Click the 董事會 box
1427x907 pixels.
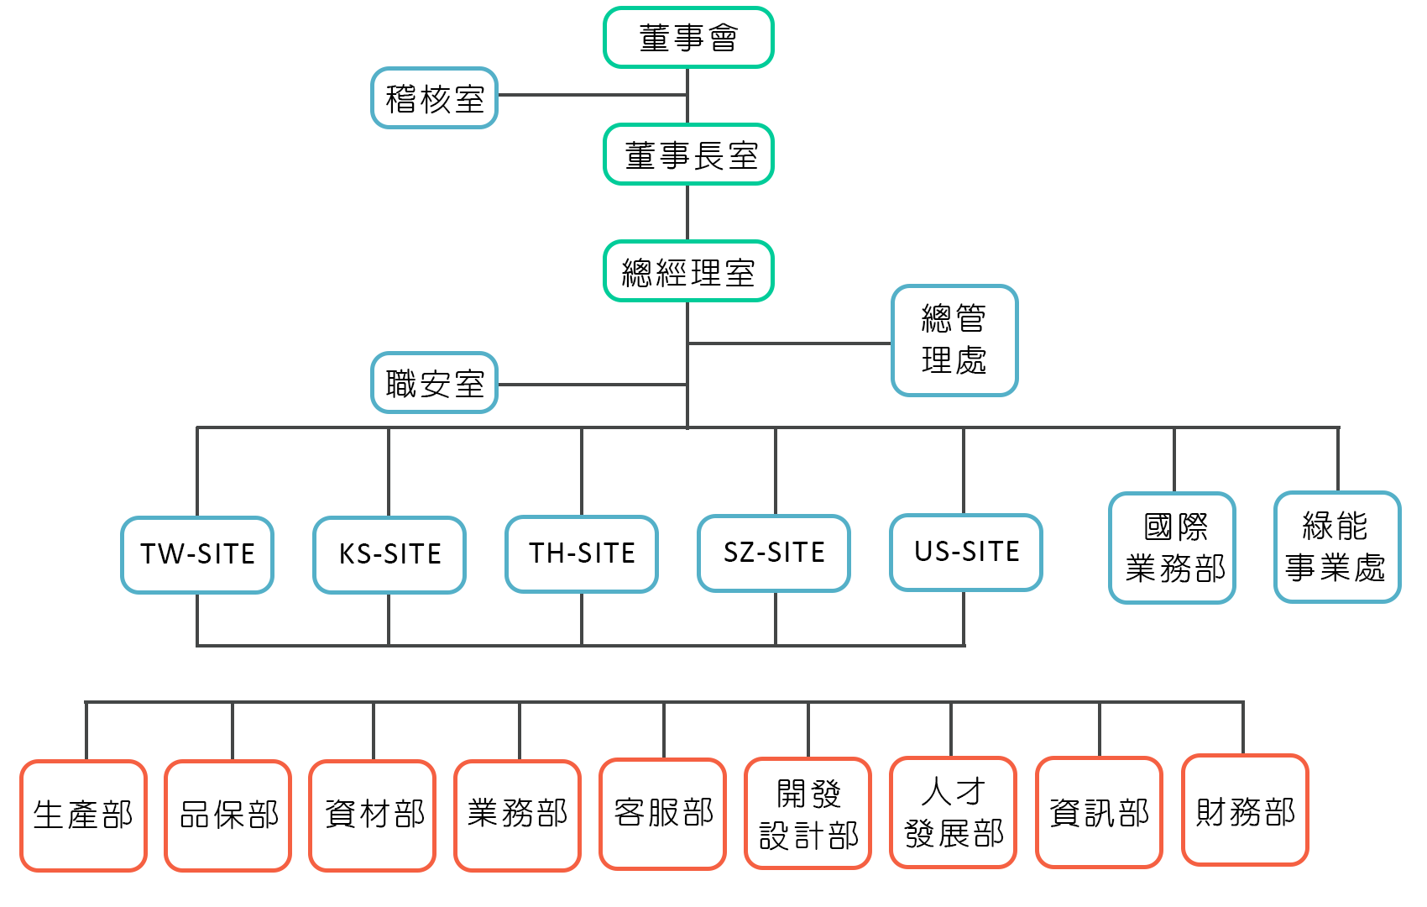tap(688, 38)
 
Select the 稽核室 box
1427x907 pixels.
tap(435, 98)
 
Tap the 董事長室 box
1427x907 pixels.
tap(688, 155)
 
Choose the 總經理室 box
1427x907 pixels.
tap(688, 271)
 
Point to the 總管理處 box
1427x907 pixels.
tap(954, 340)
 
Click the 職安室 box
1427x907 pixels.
tap(435, 383)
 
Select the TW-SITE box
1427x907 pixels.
tap(197, 554)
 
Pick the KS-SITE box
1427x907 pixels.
tap(389, 554)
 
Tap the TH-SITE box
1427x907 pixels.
tap(582, 553)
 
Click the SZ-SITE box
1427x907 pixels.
tap(774, 553)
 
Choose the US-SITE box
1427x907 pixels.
tap(966, 552)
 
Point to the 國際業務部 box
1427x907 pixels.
tap(1173, 548)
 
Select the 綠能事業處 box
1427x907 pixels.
tap(1337, 547)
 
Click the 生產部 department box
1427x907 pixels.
tap(83, 815)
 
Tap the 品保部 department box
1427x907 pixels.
tap(228, 815)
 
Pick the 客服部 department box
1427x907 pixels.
tap(663, 814)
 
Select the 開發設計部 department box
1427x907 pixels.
tap(808, 813)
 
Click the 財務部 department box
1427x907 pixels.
tap(1245, 810)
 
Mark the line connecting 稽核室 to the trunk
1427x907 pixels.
tap(592, 94)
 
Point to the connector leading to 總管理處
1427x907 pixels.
tap(789, 343)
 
